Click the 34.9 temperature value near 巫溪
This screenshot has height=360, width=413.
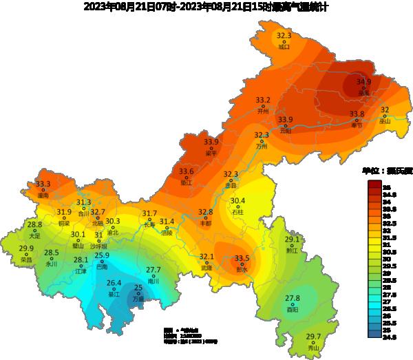point(363,82)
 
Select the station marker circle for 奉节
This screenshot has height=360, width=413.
point(357,119)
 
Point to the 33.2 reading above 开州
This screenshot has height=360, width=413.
point(263,100)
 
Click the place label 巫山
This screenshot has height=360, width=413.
point(385,121)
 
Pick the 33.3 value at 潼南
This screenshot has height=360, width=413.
point(43,184)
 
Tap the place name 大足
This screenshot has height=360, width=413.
point(34,235)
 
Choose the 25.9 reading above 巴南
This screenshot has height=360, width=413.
point(102,256)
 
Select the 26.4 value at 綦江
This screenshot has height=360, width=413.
point(114,284)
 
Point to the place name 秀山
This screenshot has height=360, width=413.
point(314,348)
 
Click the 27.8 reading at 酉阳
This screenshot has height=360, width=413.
point(293,299)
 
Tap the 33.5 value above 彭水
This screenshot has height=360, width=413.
point(242,259)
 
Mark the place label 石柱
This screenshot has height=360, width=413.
point(237,212)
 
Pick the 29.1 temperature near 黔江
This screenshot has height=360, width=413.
point(293,240)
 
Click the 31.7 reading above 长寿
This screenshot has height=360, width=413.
point(149,214)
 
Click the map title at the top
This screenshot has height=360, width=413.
point(206,8)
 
